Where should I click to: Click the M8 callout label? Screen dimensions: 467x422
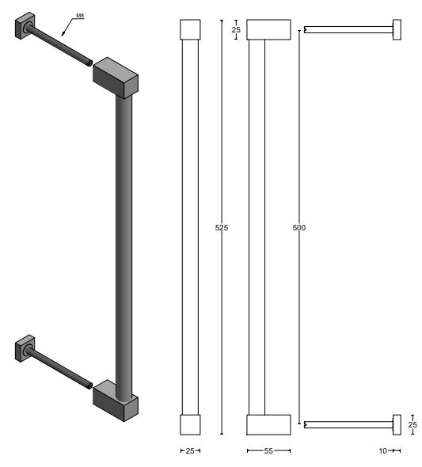pos(81,14)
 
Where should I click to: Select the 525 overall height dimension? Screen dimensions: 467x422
pos(222,228)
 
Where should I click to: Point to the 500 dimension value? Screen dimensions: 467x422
pos(298,228)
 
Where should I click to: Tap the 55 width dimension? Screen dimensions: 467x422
pos(268,450)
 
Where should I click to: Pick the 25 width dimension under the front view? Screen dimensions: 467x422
pos(190,450)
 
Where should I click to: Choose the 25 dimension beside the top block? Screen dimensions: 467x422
pos(236,29)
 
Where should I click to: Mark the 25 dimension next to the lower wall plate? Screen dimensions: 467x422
pos(412,425)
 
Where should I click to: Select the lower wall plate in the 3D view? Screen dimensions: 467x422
pos(25,348)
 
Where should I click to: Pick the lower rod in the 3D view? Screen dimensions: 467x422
pos(63,368)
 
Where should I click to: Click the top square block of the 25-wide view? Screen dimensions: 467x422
pos(190,29)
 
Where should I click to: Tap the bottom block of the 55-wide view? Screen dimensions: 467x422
pos(268,424)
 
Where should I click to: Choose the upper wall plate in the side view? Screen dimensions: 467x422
pos(397,30)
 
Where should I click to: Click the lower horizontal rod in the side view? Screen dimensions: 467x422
pos(348,425)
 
